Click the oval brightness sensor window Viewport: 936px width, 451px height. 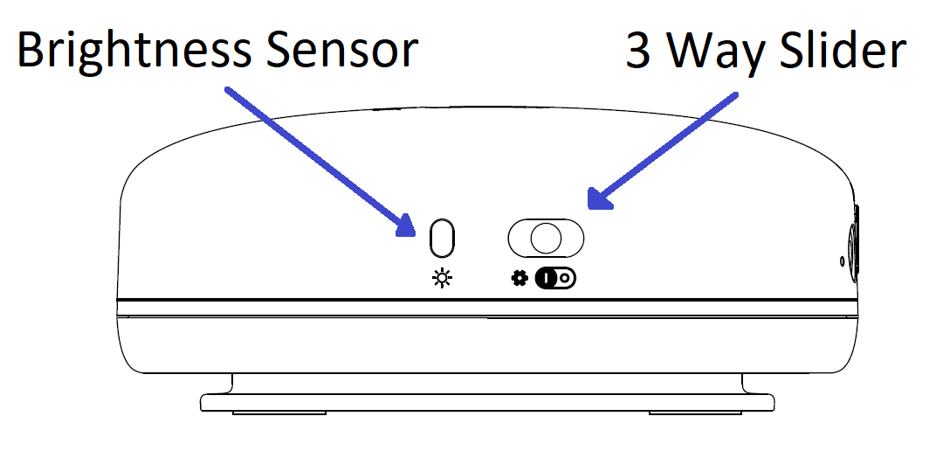pos(444,237)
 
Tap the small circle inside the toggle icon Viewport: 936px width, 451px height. pos(566,278)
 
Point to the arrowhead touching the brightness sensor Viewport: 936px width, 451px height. pos(406,225)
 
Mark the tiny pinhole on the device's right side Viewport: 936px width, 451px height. pos(841,260)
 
